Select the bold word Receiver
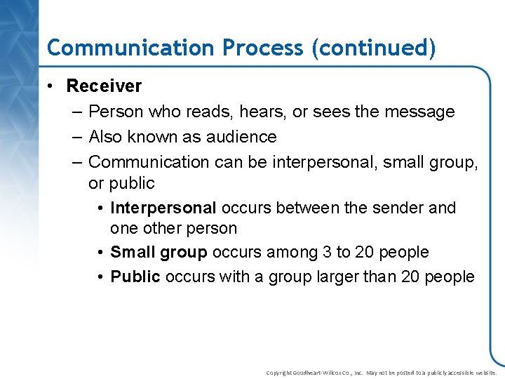[104, 86]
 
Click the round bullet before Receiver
[52, 86]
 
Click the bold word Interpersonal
[163, 208]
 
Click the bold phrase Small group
[159, 252]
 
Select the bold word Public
[135, 277]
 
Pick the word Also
[106, 137]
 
